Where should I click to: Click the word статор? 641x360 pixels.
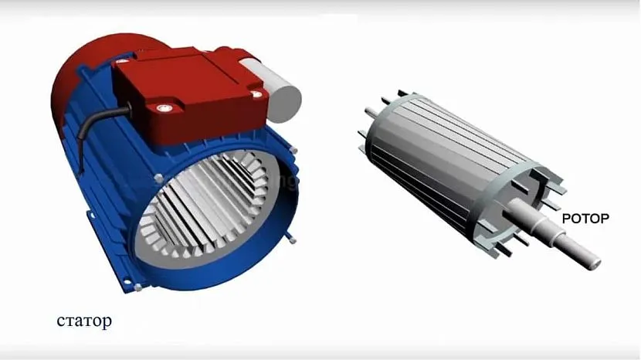pyautogui.click(x=84, y=321)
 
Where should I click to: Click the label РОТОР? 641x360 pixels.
pyautogui.click(x=585, y=219)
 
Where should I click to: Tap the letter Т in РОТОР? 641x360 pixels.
pyautogui.click(x=586, y=219)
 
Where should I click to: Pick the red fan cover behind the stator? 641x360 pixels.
pyautogui.click(x=94, y=70)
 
